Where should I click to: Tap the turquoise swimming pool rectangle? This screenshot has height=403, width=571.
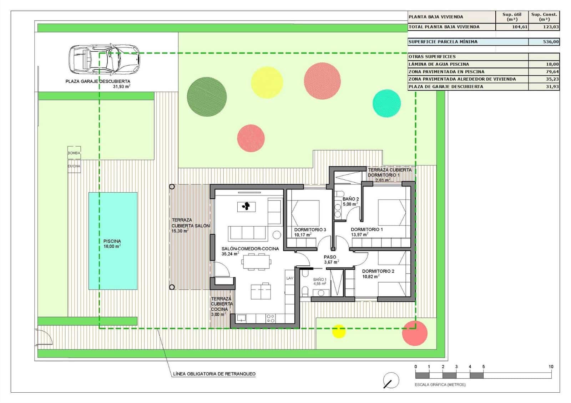(113, 241)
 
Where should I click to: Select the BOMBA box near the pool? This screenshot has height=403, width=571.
(74, 153)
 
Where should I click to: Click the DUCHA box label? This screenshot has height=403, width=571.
(74, 166)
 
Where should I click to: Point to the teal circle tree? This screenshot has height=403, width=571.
(386, 103)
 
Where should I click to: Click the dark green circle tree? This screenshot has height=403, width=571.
(207, 97)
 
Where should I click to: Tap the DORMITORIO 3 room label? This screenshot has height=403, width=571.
(310, 230)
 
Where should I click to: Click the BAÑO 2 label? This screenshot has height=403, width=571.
(350, 199)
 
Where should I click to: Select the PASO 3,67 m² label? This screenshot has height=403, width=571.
(330, 259)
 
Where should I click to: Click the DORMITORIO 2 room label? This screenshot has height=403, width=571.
(378, 271)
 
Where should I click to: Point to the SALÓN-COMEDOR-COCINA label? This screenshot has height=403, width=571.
(250, 249)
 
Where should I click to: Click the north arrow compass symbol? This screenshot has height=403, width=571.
(391, 380)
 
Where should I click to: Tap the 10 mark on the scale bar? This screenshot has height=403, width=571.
(551, 367)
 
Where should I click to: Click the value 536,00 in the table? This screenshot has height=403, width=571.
(551, 42)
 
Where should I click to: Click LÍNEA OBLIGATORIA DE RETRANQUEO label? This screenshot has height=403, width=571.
(214, 374)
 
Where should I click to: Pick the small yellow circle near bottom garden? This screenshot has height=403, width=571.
(339, 331)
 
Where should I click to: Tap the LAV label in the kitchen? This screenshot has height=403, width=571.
(289, 278)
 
